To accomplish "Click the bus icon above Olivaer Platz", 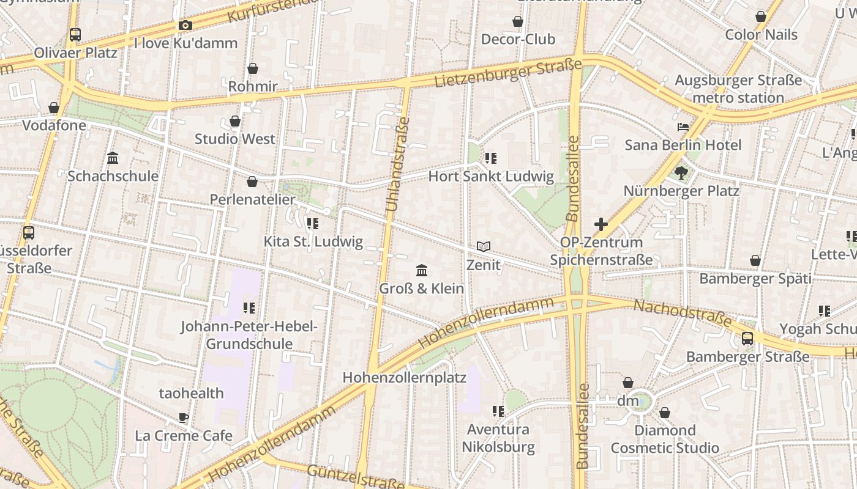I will (75, 35).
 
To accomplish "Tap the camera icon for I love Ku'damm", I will (185, 25).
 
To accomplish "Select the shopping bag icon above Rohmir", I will (253, 68).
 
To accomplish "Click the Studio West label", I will (235, 139).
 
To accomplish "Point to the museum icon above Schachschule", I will (113, 158).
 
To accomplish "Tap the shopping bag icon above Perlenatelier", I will (252, 182).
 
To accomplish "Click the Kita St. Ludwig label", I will (313, 241).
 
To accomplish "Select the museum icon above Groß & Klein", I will (422, 270).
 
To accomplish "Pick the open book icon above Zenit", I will (484, 247).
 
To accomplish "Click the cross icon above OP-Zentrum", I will (601, 224).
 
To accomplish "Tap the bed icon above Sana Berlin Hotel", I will (683, 127).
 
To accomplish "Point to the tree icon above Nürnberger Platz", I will (681, 173).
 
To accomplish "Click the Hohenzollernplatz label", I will (404, 377).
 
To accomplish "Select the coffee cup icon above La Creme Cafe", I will (184, 418).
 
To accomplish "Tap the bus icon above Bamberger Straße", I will (747, 339).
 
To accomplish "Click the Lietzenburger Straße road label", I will (508, 73).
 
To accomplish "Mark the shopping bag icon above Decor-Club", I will (518, 22).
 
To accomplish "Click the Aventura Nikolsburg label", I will (498, 438).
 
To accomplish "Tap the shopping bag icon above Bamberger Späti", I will (755, 261).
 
